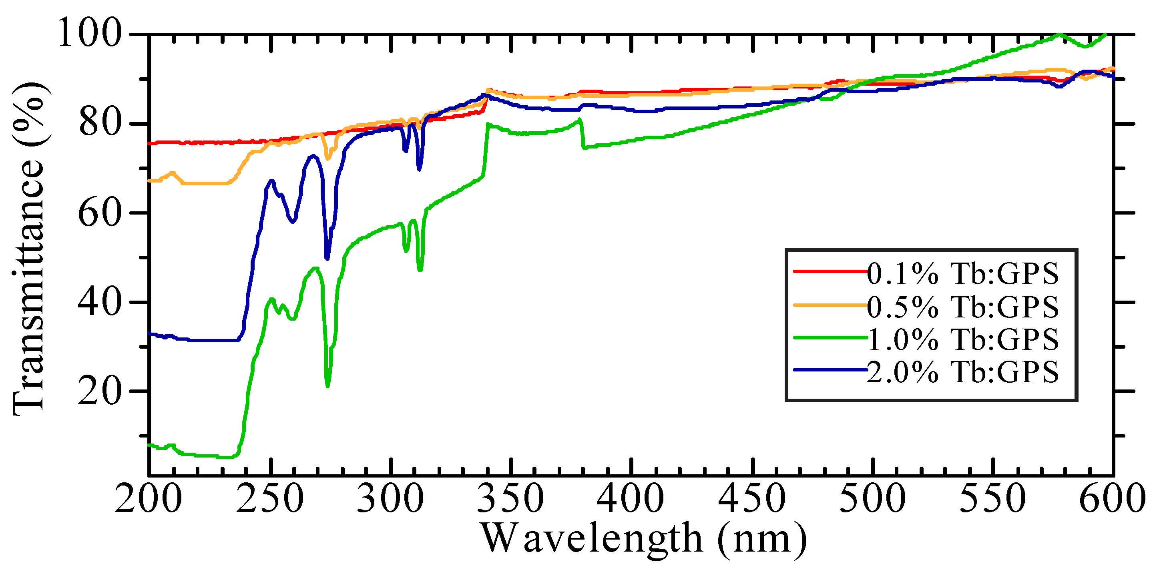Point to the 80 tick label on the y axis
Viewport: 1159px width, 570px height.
(x=100, y=123)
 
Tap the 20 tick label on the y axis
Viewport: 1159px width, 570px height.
(x=100, y=391)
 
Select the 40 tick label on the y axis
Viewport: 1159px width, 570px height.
(x=100, y=302)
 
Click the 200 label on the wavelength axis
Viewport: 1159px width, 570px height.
(x=149, y=498)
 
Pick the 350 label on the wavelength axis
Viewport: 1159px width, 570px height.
(x=511, y=498)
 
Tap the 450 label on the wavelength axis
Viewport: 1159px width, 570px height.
(x=752, y=498)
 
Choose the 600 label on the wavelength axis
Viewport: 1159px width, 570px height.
(x=1112, y=498)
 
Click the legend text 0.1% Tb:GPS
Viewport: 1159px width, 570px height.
(x=963, y=273)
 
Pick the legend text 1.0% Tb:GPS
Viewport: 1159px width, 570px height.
(x=963, y=339)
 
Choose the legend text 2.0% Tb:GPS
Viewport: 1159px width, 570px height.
(x=963, y=372)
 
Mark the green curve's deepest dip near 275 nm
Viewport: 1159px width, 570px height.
(x=327, y=385)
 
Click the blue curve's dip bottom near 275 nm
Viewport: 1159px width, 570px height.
(x=327, y=259)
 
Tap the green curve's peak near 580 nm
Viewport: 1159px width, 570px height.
(x=1061, y=34)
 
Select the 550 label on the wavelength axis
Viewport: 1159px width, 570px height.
(x=992, y=498)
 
